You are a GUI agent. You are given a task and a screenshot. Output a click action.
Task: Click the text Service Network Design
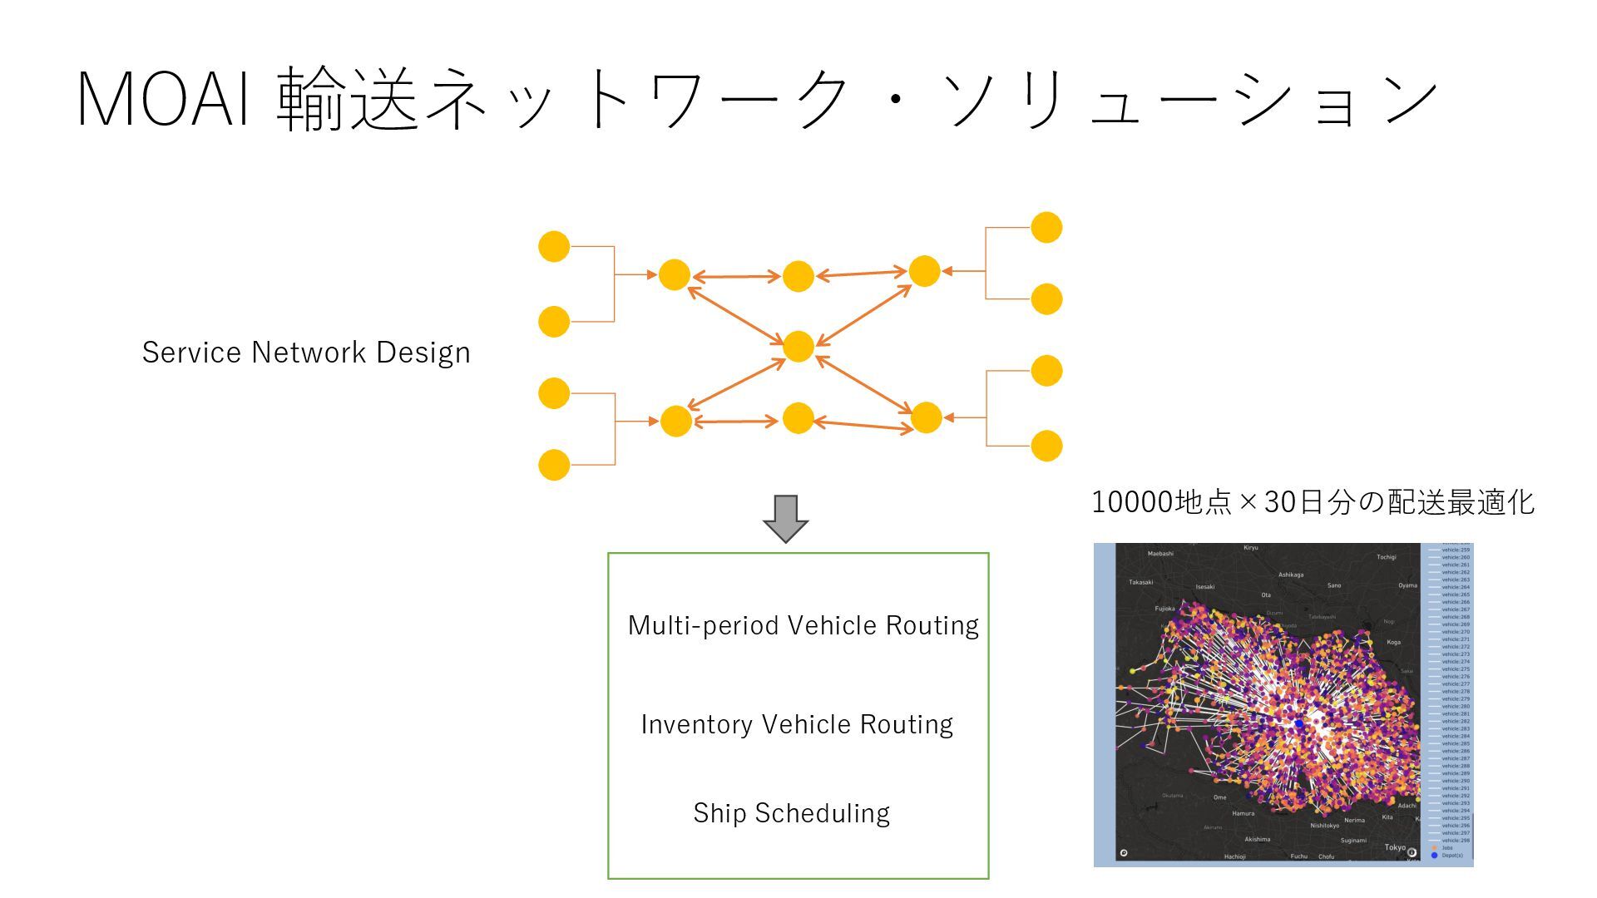pos(306,353)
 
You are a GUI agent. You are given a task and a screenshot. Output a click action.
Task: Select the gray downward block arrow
pos(786,518)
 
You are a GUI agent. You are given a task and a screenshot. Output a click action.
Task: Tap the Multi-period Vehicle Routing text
pos(803,625)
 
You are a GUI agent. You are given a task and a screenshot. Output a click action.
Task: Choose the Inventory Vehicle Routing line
pos(797,724)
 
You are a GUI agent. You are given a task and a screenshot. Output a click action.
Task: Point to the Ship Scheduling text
pos(791,813)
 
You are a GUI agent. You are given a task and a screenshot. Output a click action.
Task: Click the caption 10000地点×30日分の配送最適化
pos(1313,502)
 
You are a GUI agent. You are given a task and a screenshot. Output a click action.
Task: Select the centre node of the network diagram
pos(798,346)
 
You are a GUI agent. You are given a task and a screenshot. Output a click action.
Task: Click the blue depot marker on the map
pos(1299,724)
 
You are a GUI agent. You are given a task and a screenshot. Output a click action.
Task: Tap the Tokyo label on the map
pos(1395,847)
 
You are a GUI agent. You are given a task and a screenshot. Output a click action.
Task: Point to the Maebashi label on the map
pos(1160,554)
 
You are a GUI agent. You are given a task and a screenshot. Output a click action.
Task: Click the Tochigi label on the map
pos(1387,557)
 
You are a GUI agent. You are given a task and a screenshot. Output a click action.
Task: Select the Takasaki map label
pos(1141,582)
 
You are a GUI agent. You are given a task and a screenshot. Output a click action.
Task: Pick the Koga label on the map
pos(1394,642)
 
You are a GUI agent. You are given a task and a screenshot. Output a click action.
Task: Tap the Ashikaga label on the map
pos(1291,575)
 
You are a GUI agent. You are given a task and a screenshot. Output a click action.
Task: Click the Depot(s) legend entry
pos(1451,856)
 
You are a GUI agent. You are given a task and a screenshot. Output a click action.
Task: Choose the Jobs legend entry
pos(1447,848)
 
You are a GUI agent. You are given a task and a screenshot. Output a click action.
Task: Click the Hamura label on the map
pos(1243,813)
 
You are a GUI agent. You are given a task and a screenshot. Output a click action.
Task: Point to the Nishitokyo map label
pos(1325,826)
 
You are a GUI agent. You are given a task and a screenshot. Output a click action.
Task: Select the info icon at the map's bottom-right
pos(1412,852)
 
